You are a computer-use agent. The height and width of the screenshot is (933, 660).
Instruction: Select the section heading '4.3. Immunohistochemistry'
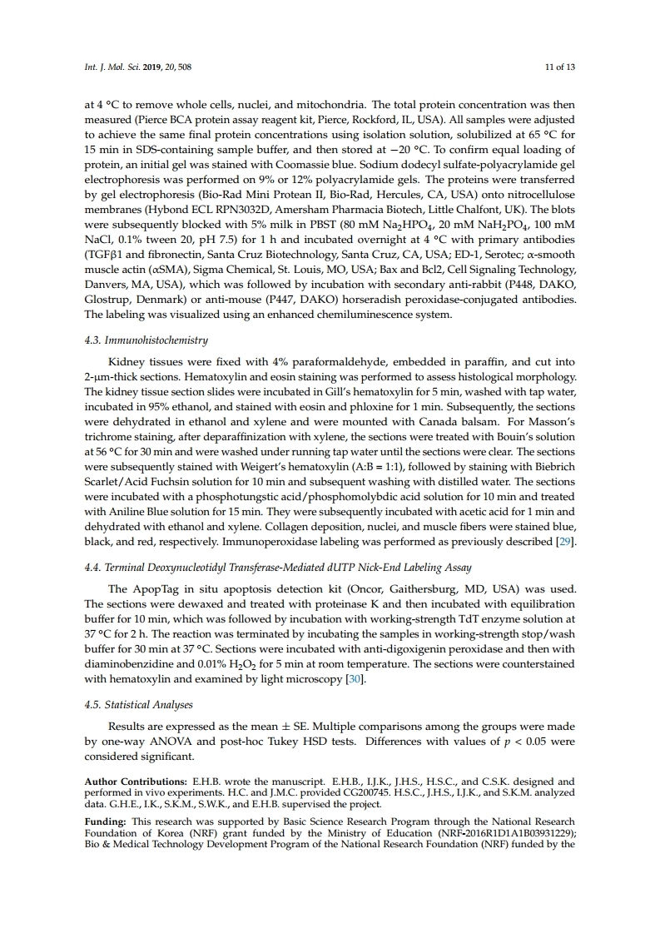pyautogui.click(x=146, y=340)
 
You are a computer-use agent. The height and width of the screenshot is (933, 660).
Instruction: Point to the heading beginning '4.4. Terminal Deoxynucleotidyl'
pyautogui.click(x=278, y=568)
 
